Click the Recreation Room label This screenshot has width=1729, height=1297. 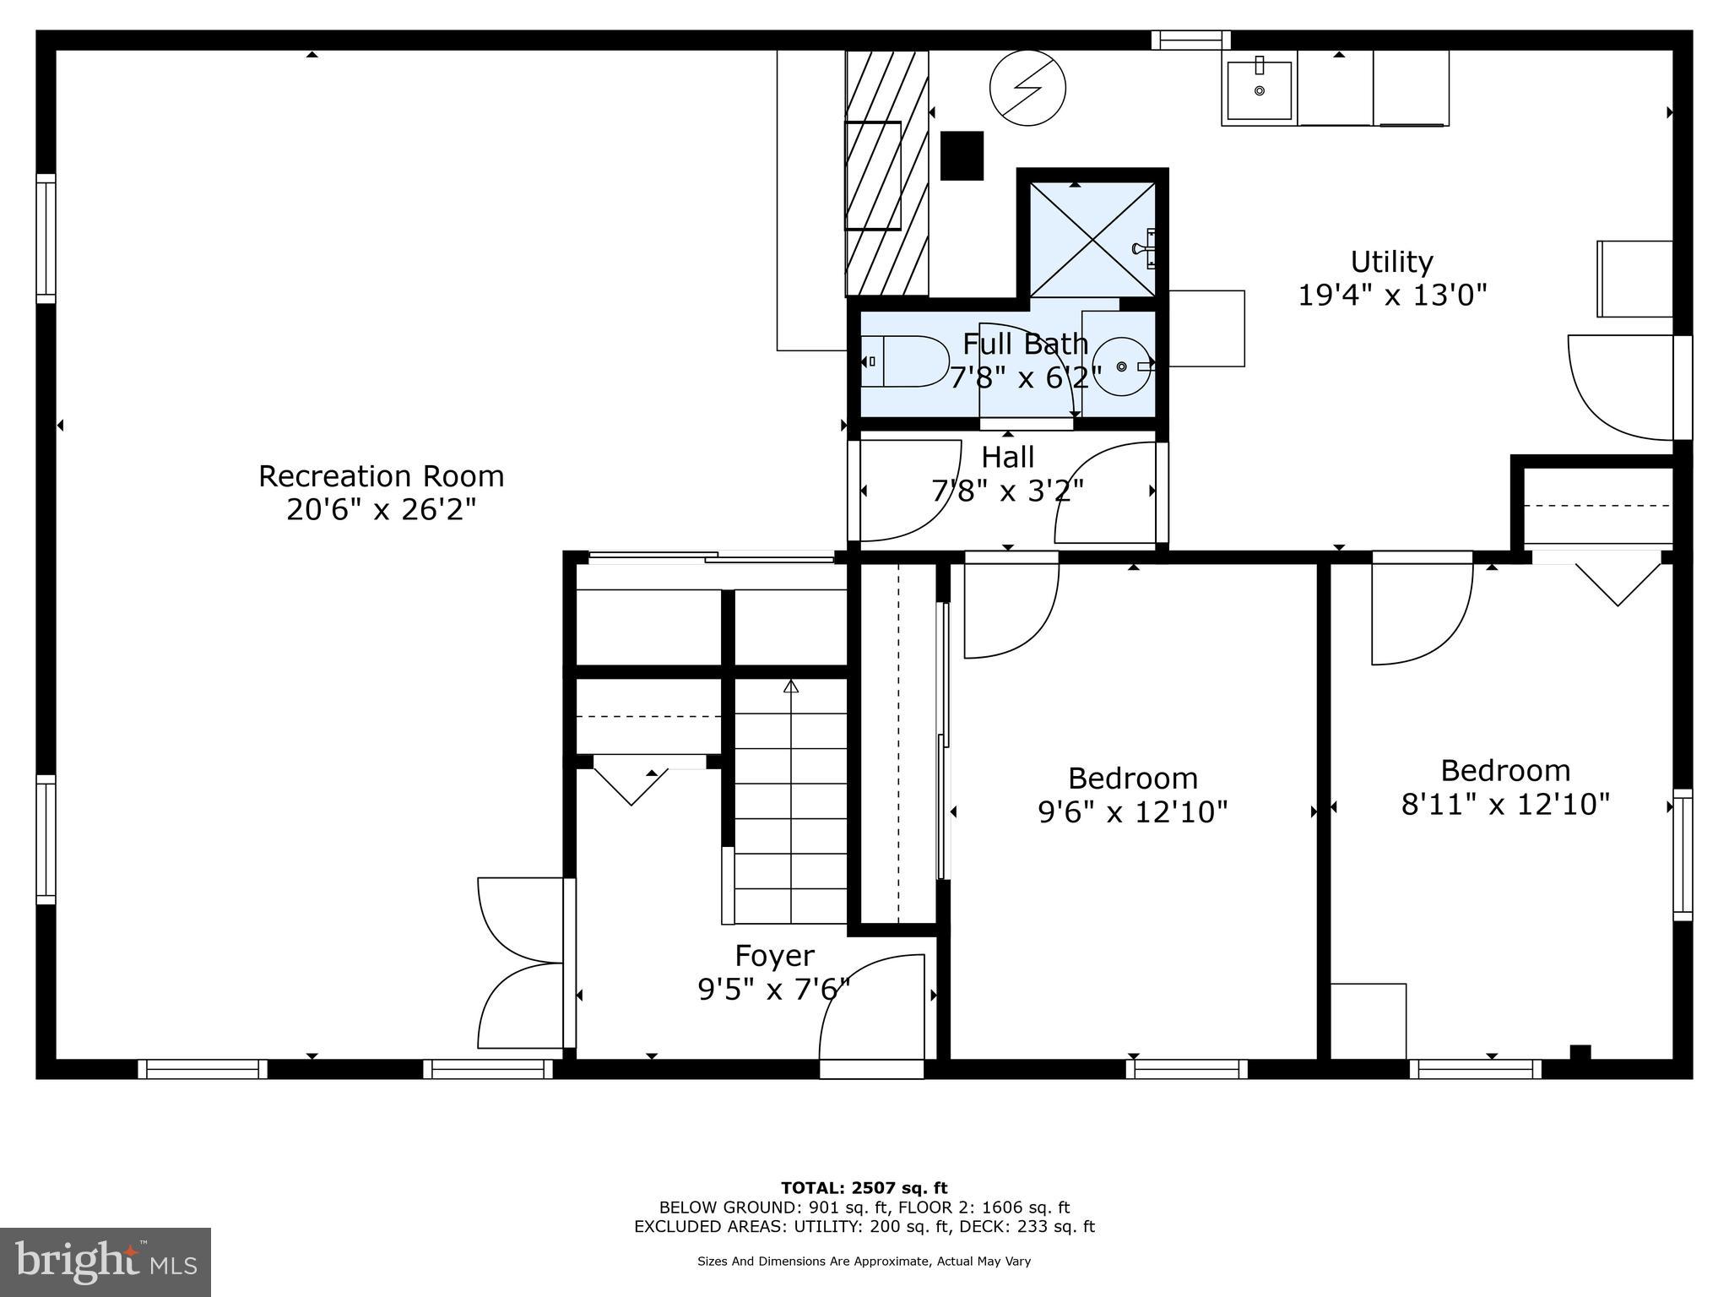click(x=381, y=476)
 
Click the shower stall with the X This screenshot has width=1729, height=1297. click(x=1092, y=239)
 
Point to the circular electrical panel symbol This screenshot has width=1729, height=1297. click(x=1027, y=88)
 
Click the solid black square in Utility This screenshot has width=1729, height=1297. click(x=962, y=155)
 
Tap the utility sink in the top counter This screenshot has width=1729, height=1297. click(x=1259, y=90)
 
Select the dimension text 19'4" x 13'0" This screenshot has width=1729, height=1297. click(x=1391, y=296)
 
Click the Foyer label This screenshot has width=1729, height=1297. click(x=774, y=956)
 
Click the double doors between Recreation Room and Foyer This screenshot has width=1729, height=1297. click(x=519, y=963)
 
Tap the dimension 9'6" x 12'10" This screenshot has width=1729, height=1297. click(x=1132, y=812)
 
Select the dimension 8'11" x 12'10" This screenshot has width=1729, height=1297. click(x=1505, y=805)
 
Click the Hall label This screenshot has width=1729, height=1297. click(x=1007, y=458)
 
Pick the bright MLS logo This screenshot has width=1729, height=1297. click(x=106, y=1262)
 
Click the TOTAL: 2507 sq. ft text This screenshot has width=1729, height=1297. click(x=864, y=1189)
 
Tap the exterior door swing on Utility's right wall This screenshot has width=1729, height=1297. click(x=1619, y=388)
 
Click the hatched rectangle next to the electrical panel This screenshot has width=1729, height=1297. click(x=886, y=174)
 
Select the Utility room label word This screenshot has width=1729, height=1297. click(x=1391, y=262)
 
